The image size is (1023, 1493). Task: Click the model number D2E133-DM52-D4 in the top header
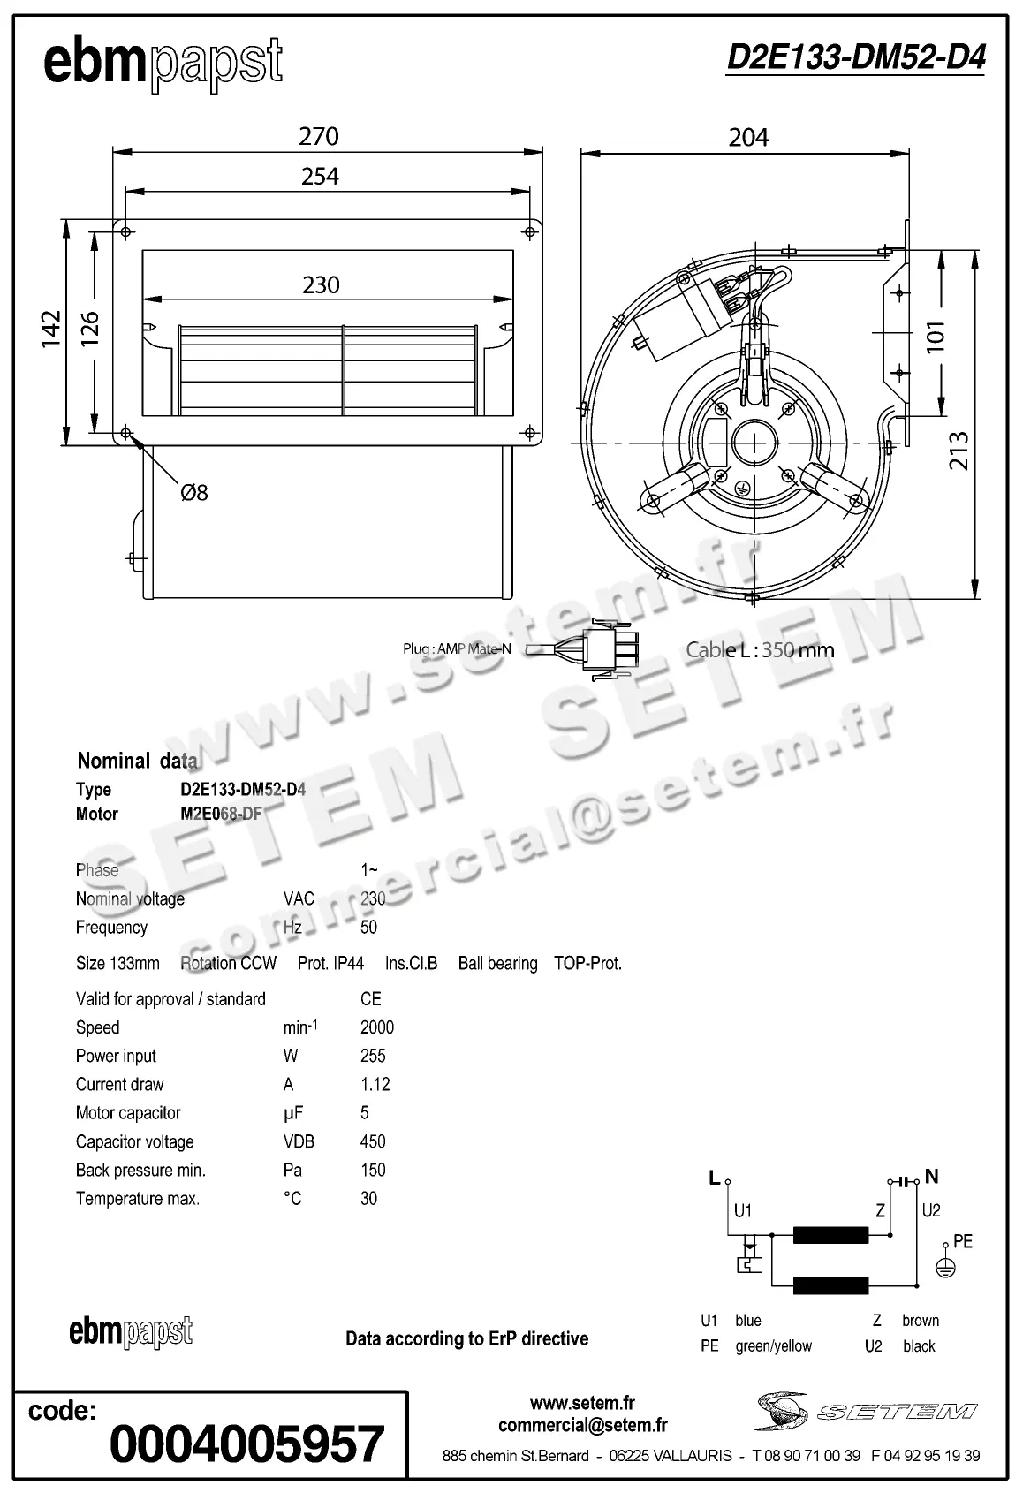[855, 57]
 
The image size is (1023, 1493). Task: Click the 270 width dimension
[319, 136]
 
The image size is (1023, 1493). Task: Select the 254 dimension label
[319, 177]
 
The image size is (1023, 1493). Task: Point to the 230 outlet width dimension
[321, 284]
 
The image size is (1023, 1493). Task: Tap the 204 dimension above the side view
[747, 137]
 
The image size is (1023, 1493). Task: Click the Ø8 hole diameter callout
[193, 492]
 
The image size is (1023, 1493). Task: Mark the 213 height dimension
[959, 451]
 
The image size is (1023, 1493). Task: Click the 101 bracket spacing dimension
[936, 337]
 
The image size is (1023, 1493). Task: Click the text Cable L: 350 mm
[760, 649]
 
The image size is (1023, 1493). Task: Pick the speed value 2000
[377, 1027]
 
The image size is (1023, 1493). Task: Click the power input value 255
[373, 1056]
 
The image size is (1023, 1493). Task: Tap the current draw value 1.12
[375, 1084]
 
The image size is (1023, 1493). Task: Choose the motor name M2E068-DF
[221, 814]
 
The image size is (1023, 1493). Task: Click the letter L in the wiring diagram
[714, 1178]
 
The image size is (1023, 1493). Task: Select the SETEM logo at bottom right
[866, 1411]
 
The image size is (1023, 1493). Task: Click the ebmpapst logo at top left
[163, 64]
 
